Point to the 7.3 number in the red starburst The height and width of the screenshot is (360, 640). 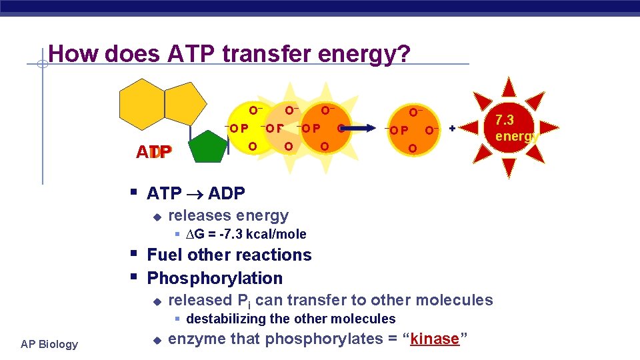[504, 121]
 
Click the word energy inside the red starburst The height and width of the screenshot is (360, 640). [516, 137]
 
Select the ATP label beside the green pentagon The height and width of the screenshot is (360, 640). [154, 152]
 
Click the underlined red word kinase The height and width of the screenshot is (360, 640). [435, 339]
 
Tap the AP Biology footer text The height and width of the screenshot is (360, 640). [49, 344]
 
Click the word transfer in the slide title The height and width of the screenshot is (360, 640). [266, 53]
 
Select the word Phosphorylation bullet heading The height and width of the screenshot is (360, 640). [215, 278]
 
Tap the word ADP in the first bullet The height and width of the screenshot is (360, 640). [227, 194]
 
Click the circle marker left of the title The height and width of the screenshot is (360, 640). [41, 65]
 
